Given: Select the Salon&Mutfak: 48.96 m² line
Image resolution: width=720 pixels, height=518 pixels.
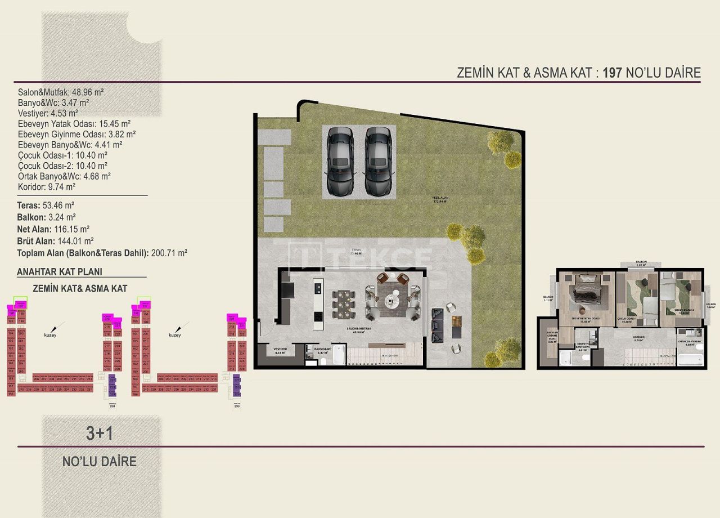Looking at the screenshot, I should coord(61,92).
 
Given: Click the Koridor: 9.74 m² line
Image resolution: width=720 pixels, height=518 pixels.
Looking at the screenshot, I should coord(47,186).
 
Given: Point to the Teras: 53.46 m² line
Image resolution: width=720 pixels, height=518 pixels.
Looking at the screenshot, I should coord(46,206).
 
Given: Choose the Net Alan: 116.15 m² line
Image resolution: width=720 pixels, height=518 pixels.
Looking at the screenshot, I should coord(53,229).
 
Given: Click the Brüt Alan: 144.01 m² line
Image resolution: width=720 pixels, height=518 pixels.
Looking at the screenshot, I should coord(55,241).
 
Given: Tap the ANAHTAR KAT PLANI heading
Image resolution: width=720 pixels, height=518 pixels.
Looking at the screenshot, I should coord(60,271).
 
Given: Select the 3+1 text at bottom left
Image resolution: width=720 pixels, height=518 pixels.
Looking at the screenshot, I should coord(100,433).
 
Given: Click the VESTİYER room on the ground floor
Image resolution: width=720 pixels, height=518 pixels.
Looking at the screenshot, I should coord(280,351).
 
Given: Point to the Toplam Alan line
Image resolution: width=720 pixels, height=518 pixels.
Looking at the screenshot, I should coord(102,253).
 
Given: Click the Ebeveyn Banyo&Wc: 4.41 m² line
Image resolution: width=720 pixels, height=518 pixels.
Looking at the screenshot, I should coord(70,145).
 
